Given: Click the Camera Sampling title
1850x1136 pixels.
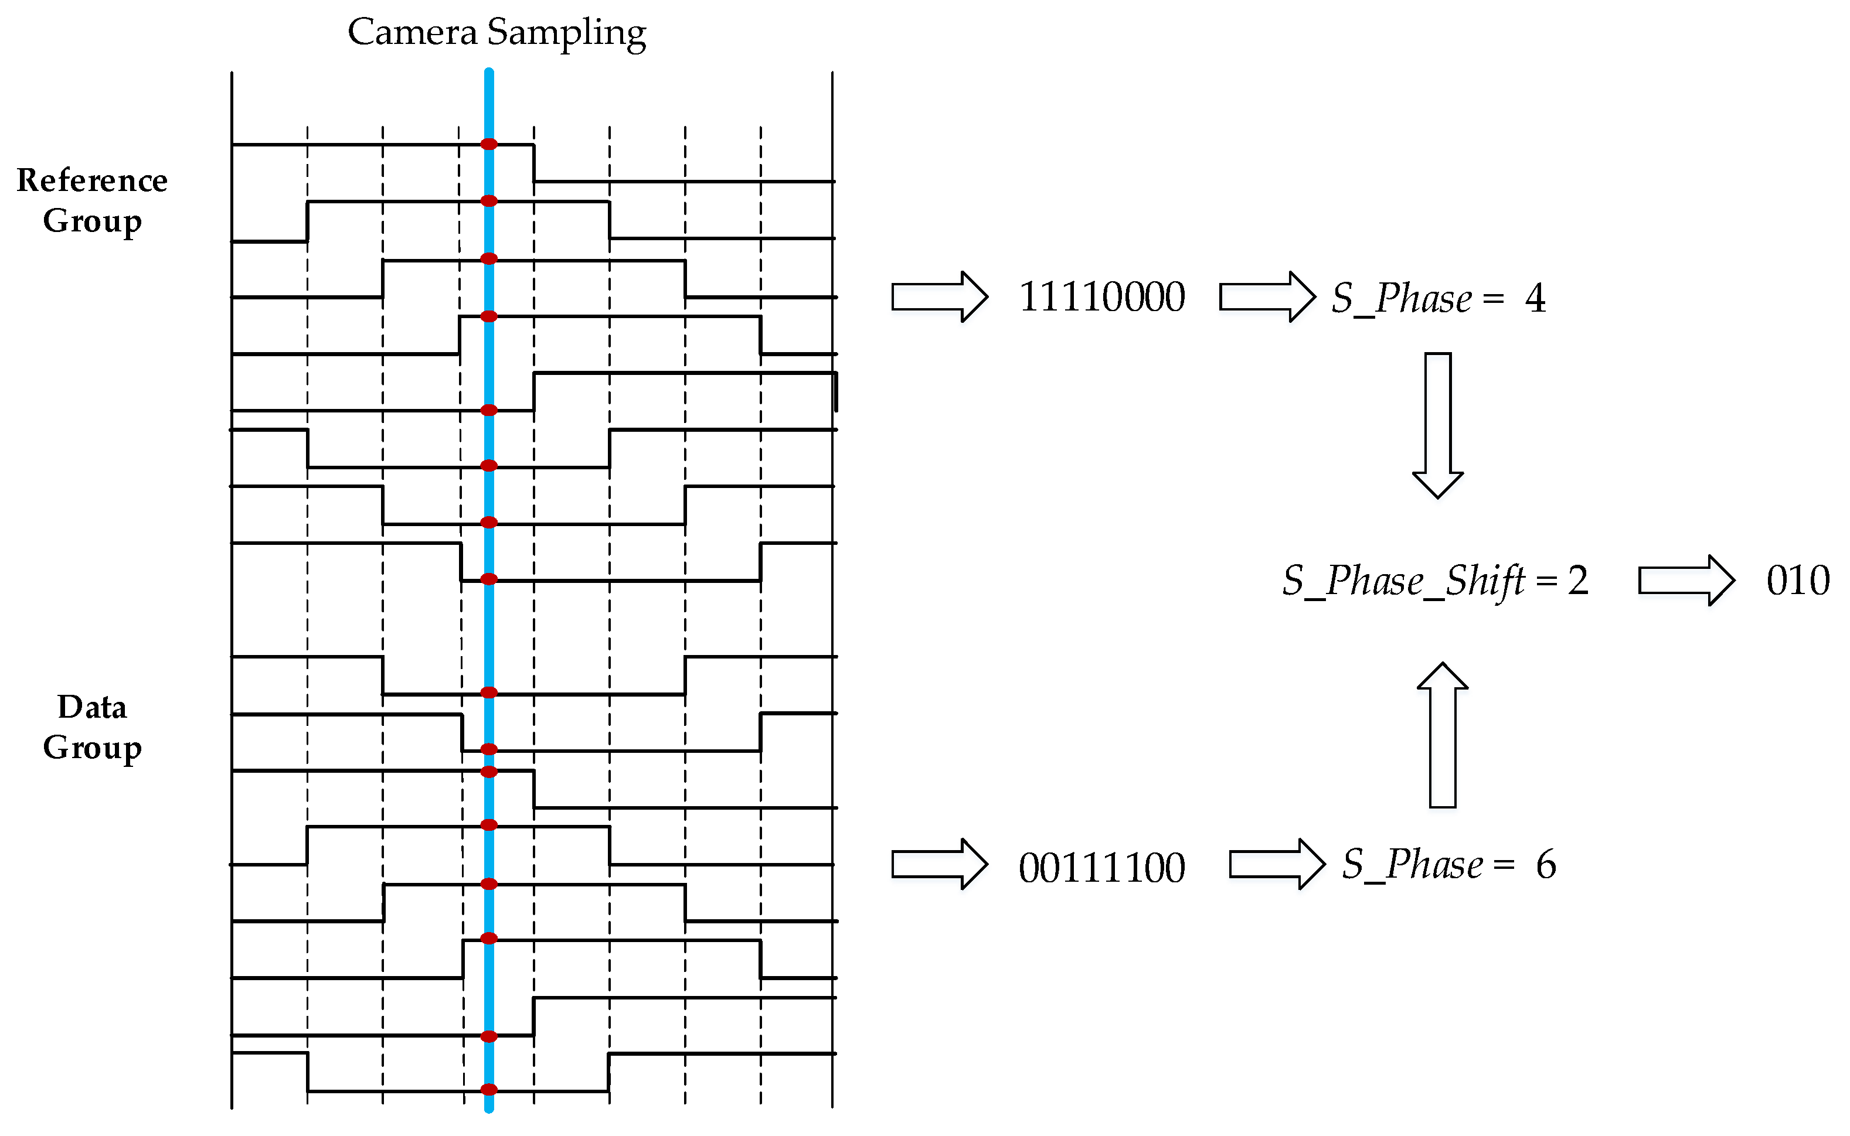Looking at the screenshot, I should pos(496,32).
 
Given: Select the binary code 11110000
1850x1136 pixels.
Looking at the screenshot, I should pos(1101,297).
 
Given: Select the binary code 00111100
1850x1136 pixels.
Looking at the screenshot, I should pos(1101,868).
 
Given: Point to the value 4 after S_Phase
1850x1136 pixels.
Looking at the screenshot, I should pos(1535,298).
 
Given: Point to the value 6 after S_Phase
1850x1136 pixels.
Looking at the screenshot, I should pos(1546,865).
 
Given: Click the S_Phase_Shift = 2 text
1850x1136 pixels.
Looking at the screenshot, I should pos(1435,581).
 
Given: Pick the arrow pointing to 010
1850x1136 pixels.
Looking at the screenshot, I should pos(1686,581).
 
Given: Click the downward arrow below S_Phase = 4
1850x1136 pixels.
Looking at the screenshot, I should pos(1437,425).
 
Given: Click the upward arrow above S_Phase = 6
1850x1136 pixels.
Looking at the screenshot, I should pos(1442,735).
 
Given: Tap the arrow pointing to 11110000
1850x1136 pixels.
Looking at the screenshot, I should pos(939,297).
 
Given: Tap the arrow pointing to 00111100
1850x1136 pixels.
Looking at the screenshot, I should pos(939,865).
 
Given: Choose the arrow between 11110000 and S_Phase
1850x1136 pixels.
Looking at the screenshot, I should pos(1267,297).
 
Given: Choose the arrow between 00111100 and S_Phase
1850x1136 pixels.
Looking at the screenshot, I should pos(1277,865).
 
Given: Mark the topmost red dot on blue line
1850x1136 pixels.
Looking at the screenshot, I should pos(489,144).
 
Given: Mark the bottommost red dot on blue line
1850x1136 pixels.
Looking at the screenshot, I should pos(489,1089).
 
